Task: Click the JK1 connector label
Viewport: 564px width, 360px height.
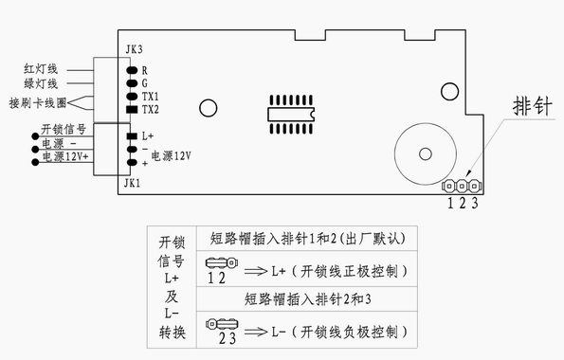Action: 132,181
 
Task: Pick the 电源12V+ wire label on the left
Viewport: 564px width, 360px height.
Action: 64,158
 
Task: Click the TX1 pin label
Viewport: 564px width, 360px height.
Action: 150,97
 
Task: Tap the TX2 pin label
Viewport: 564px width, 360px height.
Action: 150,111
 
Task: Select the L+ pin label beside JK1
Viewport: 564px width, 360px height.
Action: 148,136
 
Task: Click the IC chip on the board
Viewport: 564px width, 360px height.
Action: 290,110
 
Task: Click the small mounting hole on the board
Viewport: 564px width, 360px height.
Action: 206,110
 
